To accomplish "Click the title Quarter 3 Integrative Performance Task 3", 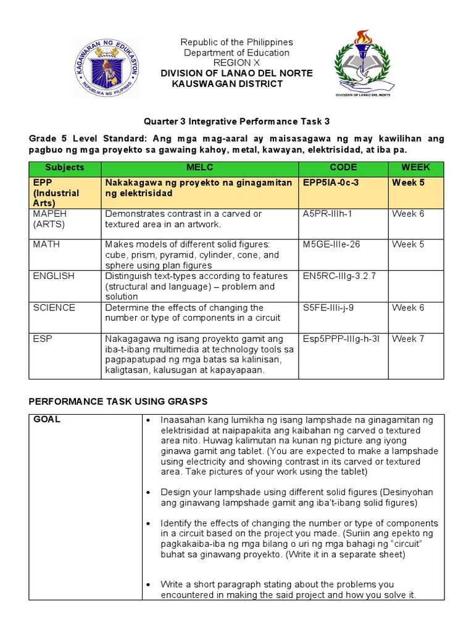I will pos(236,122).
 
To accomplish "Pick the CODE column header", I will pos(343,167).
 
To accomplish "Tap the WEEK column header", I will pos(415,167).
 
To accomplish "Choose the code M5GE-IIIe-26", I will pos(331,244).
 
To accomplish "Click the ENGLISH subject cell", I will pos(54,276).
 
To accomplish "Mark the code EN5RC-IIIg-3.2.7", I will pos(336,276).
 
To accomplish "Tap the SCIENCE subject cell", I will pos(54,307).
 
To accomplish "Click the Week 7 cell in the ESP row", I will pos(408,339).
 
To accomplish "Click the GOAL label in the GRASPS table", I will pos(47,419).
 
